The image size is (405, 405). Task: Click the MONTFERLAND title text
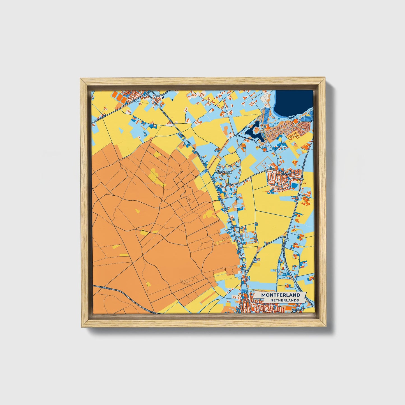coord(281,295)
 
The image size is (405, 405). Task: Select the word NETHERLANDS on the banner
coord(284,300)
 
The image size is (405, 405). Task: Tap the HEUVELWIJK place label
coord(223,173)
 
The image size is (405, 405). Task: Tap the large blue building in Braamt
coord(294,185)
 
